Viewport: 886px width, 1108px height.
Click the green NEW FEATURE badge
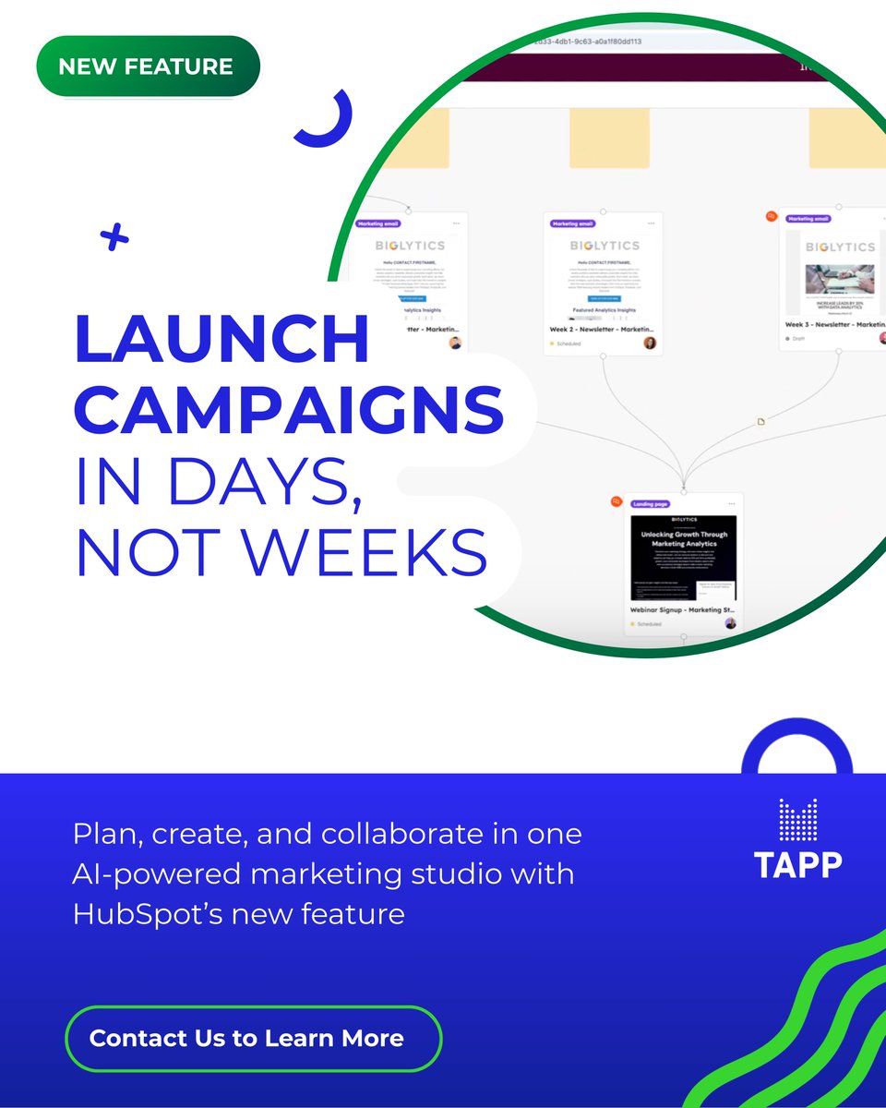(x=148, y=66)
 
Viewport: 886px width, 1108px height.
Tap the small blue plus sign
(x=114, y=238)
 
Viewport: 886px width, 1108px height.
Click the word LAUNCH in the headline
(x=221, y=339)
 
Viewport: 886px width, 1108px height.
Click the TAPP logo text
(x=797, y=864)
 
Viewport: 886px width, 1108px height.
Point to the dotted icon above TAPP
(x=797, y=819)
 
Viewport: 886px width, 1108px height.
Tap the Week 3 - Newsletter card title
(x=829, y=325)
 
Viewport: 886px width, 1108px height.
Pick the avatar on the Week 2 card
(x=650, y=343)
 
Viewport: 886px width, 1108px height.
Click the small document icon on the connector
(x=761, y=422)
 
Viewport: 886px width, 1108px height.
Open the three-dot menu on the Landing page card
(x=732, y=504)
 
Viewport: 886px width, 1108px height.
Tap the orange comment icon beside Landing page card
(x=617, y=501)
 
